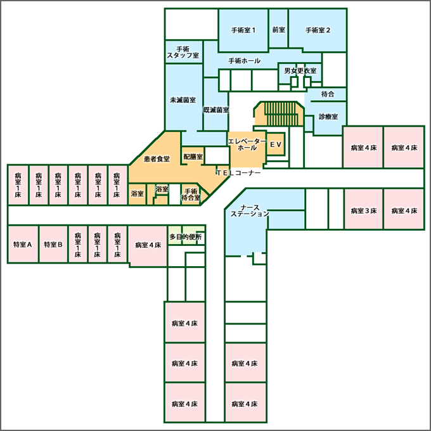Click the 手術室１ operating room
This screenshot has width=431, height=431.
(x=243, y=30)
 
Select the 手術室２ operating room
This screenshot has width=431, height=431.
(x=318, y=30)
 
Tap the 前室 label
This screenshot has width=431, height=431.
(x=278, y=30)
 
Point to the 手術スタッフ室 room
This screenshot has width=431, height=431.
(x=183, y=52)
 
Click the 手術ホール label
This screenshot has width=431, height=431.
(x=243, y=61)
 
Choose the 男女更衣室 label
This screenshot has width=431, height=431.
(x=300, y=71)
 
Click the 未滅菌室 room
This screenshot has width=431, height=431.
(x=183, y=100)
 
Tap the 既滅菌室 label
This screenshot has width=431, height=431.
(x=215, y=110)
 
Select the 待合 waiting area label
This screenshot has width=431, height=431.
(x=328, y=94)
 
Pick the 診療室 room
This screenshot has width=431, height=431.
(x=328, y=117)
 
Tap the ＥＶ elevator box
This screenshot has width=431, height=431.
(x=275, y=145)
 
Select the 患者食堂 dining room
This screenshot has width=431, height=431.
(x=157, y=159)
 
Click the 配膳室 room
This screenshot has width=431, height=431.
(x=193, y=157)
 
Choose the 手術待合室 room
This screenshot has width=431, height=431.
(x=190, y=194)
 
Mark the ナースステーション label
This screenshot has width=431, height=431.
(x=250, y=210)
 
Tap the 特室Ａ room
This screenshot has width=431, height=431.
(x=22, y=244)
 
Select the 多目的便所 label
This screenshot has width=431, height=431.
(x=186, y=237)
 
